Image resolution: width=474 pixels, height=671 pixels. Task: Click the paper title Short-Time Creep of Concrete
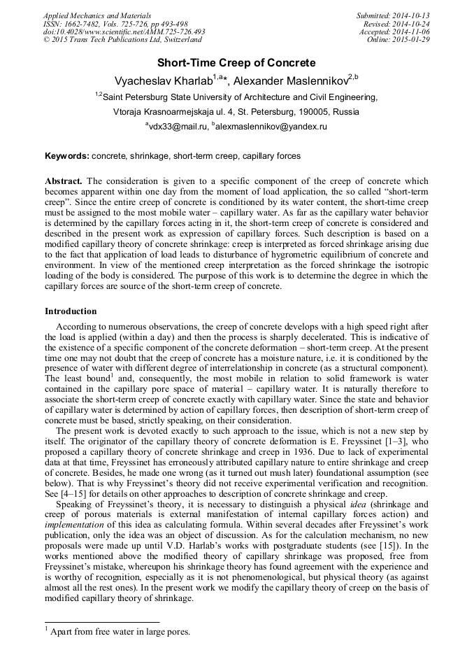click(x=236, y=63)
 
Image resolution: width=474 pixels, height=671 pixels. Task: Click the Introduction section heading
click(x=71, y=311)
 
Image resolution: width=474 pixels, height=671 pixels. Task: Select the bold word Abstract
click(x=64, y=181)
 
